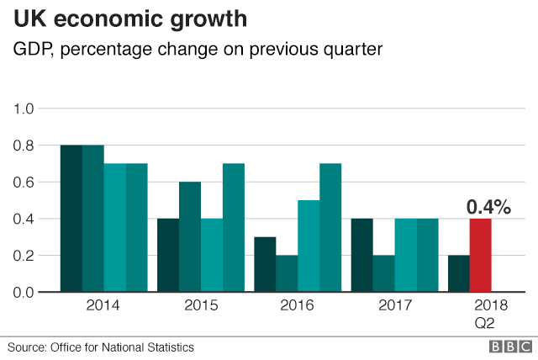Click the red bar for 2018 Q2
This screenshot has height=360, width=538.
click(x=480, y=255)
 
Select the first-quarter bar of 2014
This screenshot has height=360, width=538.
click(x=71, y=219)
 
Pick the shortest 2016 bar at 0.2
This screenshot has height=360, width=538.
click(x=287, y=273)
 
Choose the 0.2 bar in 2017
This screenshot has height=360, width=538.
click(x=383, y=273)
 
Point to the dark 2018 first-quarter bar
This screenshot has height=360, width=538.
click(x=458, y=273)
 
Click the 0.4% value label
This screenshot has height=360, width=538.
click(x=488, y=206)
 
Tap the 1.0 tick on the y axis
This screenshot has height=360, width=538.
click(x=24, y=109)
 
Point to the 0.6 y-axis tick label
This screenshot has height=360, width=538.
click(x=24, y=182)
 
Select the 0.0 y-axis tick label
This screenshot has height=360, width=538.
click(x=24, y=292)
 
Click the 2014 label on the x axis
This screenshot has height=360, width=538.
click(x=103, y=305)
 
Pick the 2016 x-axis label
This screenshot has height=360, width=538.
click(x=298, y=305)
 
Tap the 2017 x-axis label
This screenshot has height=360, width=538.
click(x=394, y=305)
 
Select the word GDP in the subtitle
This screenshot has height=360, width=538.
click(x=30, y=50)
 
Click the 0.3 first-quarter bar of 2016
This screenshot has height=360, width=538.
click(x=265, y=264)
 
